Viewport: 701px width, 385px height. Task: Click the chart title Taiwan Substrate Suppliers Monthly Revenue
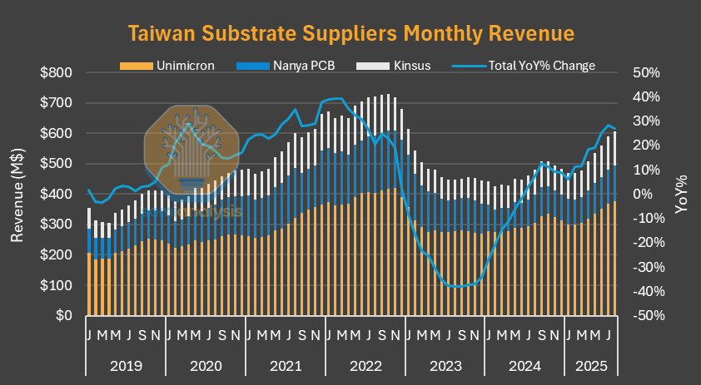point(350,33)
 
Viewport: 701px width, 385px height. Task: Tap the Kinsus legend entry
point(391,66)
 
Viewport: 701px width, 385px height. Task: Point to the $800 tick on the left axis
point(57,73)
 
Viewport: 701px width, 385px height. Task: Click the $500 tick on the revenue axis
point(57,164)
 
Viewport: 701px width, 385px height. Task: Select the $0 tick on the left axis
point(64,316)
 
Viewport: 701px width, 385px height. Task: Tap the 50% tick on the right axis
point(646,73)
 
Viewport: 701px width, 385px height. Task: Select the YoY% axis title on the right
point(682,195)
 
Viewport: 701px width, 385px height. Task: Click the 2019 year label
point(126,365)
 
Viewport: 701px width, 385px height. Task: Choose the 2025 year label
point(590,365)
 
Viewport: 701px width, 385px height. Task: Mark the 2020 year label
point(206,365)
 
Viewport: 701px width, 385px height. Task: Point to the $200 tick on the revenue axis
point(57,255)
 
